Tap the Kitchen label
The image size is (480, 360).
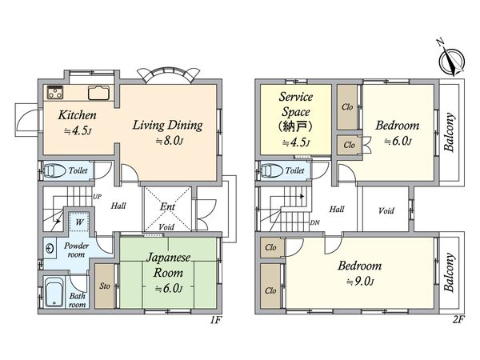(x=77, y=115)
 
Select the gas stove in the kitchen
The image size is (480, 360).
(x=55, y=93)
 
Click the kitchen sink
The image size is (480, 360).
(x=98, y=93)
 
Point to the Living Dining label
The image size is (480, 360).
(x=167, y=126)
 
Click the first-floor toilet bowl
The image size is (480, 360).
(x=54, y=171)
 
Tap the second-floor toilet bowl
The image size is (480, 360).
(x=270, y=171)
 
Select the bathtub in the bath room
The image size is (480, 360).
(x=54, y=292)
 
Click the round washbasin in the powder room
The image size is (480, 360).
(x=50, y=248)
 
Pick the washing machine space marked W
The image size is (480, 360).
(x=79, y=221)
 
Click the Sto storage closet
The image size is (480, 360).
(x=104, y=286)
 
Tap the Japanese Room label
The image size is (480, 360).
(x=168, y=265)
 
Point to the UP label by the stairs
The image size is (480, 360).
(x=97, y=197)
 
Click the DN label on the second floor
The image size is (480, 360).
(x=314, y=222)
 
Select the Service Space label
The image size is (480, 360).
(x=296, y=104)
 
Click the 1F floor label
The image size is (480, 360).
(x=216, y=320)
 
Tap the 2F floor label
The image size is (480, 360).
(x=458, y=320)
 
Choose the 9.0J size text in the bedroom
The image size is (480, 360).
(x=360, y=282)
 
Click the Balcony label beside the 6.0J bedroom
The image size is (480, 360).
(x=449, y=132)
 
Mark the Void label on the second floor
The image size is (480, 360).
(x=386, y=210)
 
